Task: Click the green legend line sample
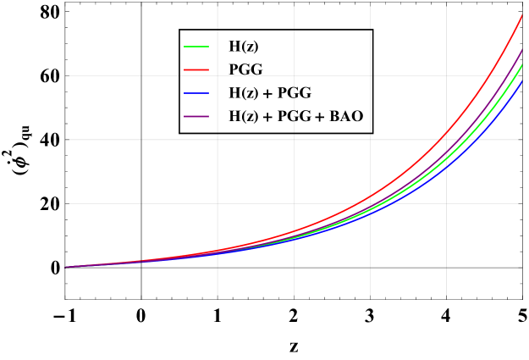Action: [196, 47]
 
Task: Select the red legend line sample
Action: [196, 69]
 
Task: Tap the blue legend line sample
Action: [196, 93]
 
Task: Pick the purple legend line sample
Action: [196, 116]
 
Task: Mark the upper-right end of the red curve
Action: [522, 14]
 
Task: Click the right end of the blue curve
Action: [522, 81]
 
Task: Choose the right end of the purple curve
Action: [522, 49]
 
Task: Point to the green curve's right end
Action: [522, 64]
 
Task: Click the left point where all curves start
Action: [65, 267]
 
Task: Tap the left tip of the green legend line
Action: [185, 47]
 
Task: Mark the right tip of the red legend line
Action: [208, 69]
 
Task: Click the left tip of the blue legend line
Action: [185, 93]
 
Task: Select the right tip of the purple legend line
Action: [208, 116]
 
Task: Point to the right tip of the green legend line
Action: [208, 47]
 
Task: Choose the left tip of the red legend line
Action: [185, 69]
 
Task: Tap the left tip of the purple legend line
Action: [185, 116]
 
